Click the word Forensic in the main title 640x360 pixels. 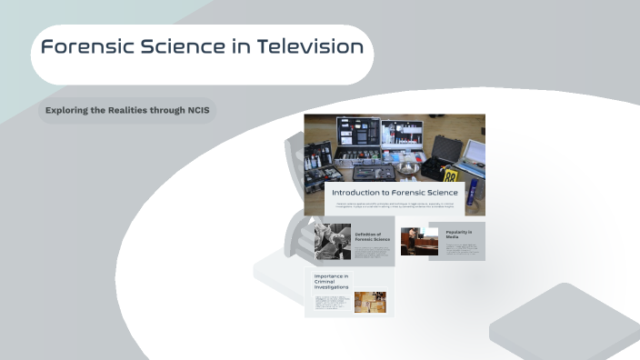coord(84,47)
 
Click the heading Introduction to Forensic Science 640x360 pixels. coord(394,193)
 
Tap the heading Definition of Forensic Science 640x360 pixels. coord(372,236)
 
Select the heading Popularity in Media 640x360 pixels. coord(458,234)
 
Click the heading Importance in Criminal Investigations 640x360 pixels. coord(331,281)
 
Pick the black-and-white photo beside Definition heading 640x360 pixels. coord(333,243)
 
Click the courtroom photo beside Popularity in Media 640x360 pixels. coord(419,241)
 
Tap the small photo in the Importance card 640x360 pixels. coord(370,302)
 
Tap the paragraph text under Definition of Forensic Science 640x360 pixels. coord(372,252)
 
